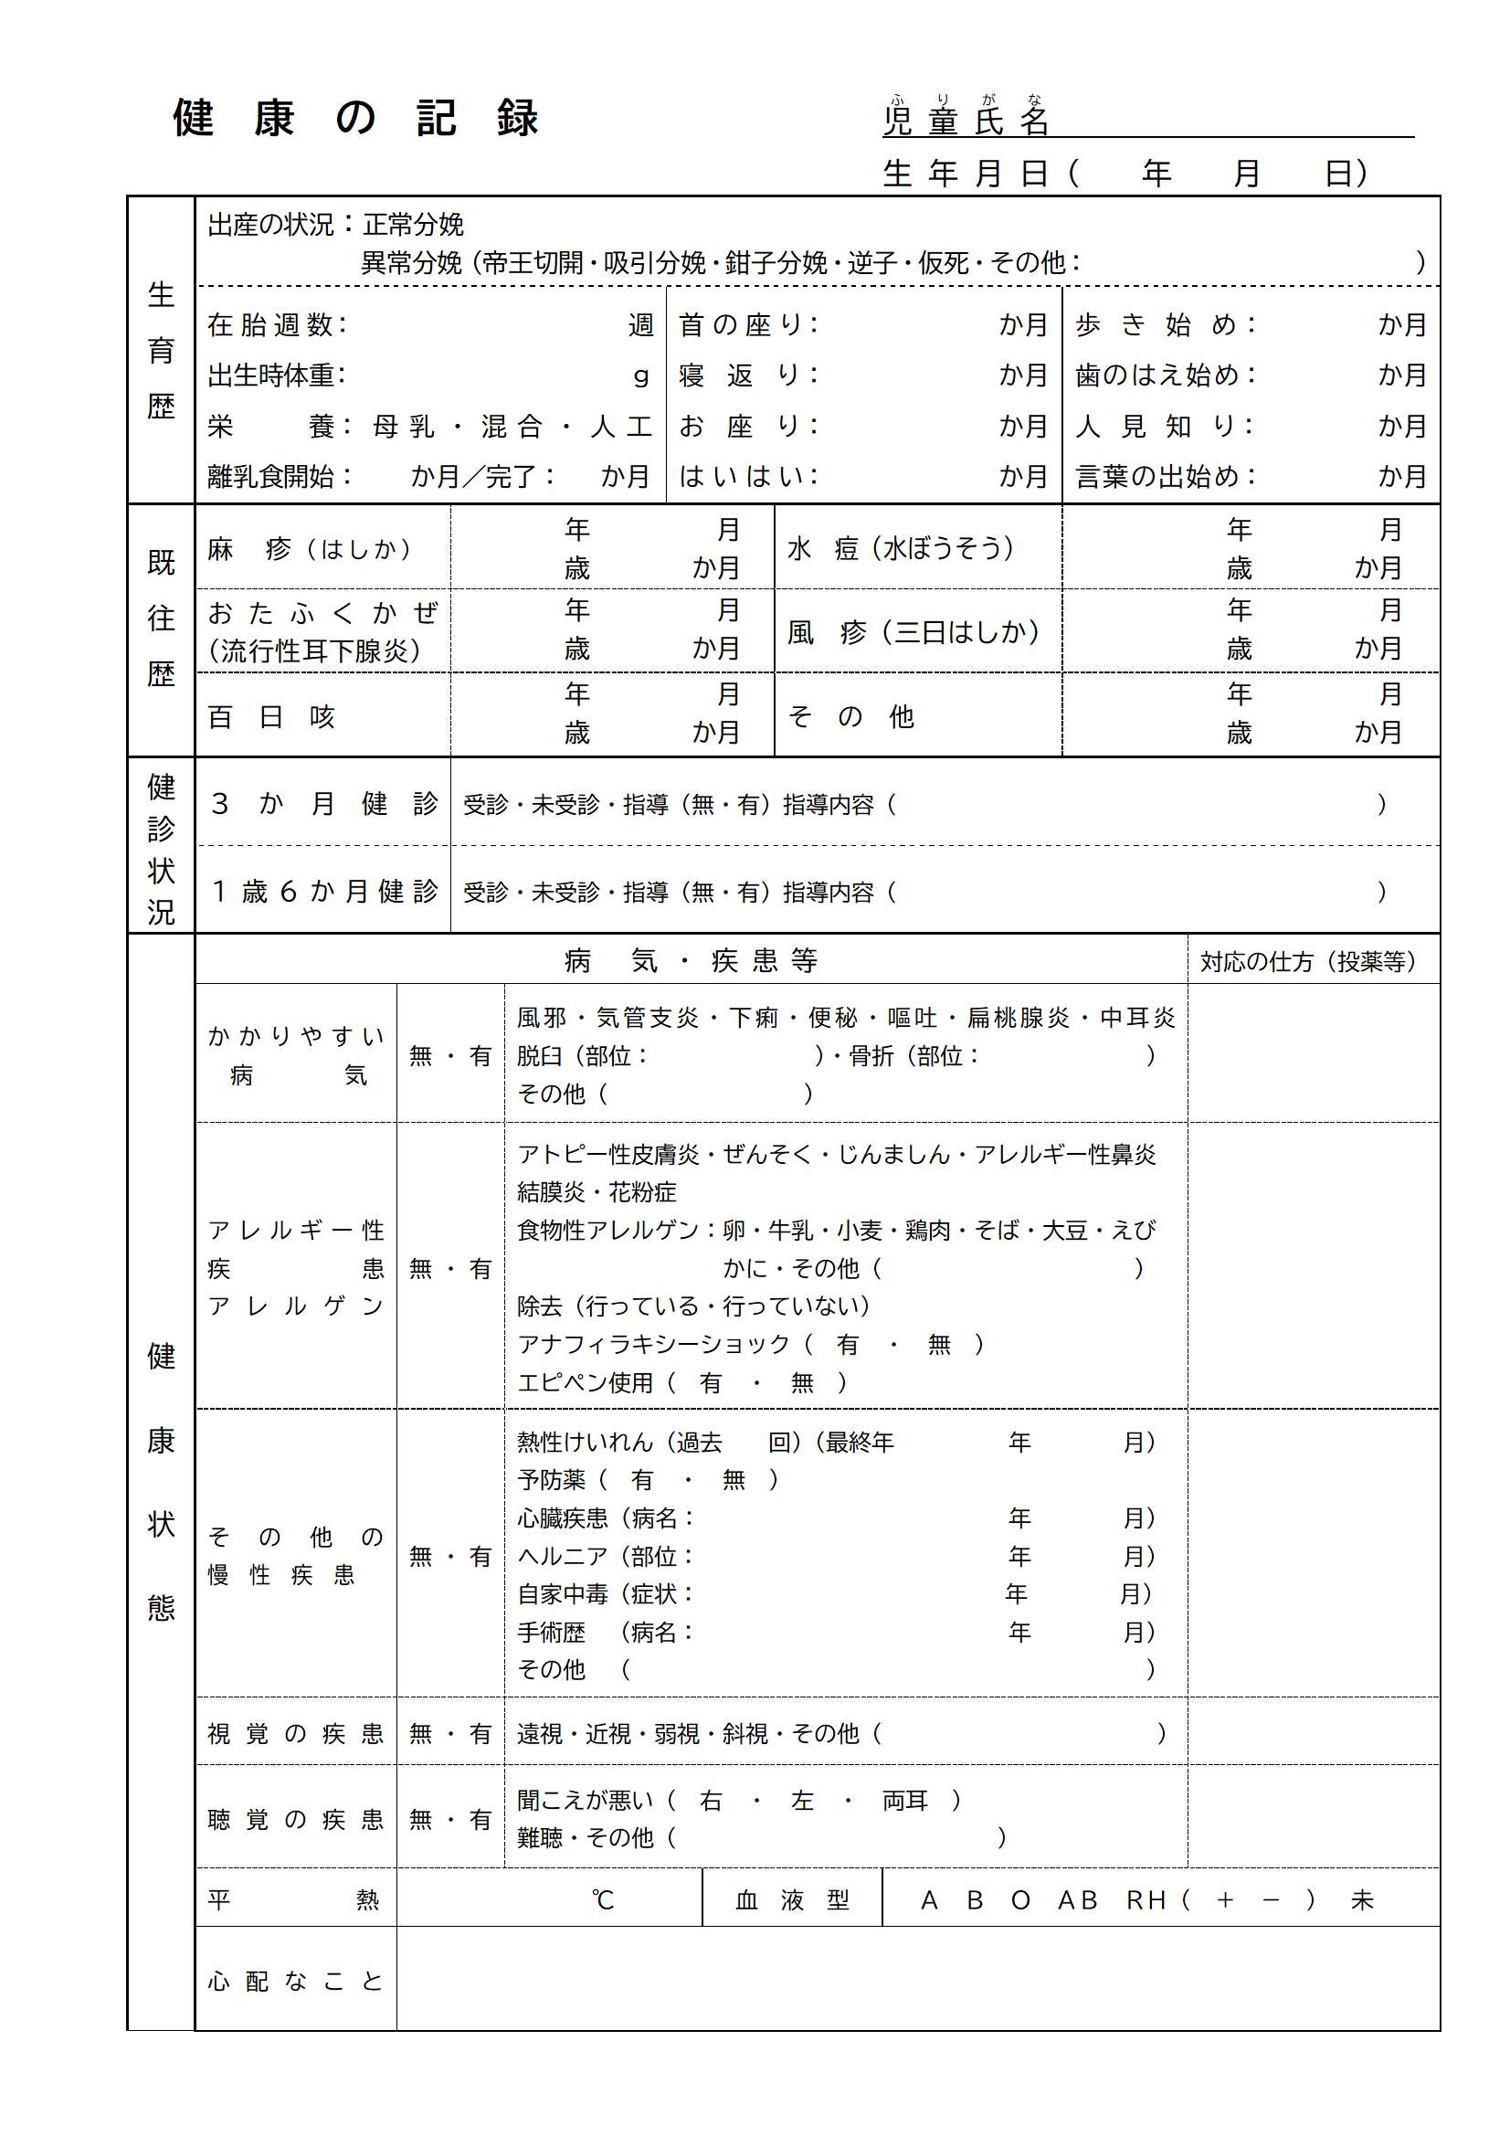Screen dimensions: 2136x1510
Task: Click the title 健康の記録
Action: click(x=355, y=118)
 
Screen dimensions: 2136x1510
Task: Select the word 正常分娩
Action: click(x=413, y=224)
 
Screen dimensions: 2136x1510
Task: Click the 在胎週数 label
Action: click(x=275, y=324)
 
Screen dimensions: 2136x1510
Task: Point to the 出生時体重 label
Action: click(x=275, y=375)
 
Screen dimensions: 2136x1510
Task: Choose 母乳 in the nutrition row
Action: click(x=404, y=426)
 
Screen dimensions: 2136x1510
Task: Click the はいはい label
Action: click(x=747, y=476)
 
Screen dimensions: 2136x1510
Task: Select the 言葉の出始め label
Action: click(x=1164, y=476)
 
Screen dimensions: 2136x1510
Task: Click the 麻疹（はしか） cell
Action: click(x=310, y=549)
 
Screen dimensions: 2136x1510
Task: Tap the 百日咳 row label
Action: click(x=270, y=717)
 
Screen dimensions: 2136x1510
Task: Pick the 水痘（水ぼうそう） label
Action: click(x=900, y=549)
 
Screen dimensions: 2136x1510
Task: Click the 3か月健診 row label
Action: click(x=323, y=804)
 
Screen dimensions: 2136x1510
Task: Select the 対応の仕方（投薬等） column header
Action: click(x=1307, y=961)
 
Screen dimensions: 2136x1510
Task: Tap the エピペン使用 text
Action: click(x=586, y=1383)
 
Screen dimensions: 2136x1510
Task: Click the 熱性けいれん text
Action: click(x=586, y=1443)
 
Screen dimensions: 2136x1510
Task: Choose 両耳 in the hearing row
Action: click(x=904, y=1801)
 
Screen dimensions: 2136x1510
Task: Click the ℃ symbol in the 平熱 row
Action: click(x=602, y=1899)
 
